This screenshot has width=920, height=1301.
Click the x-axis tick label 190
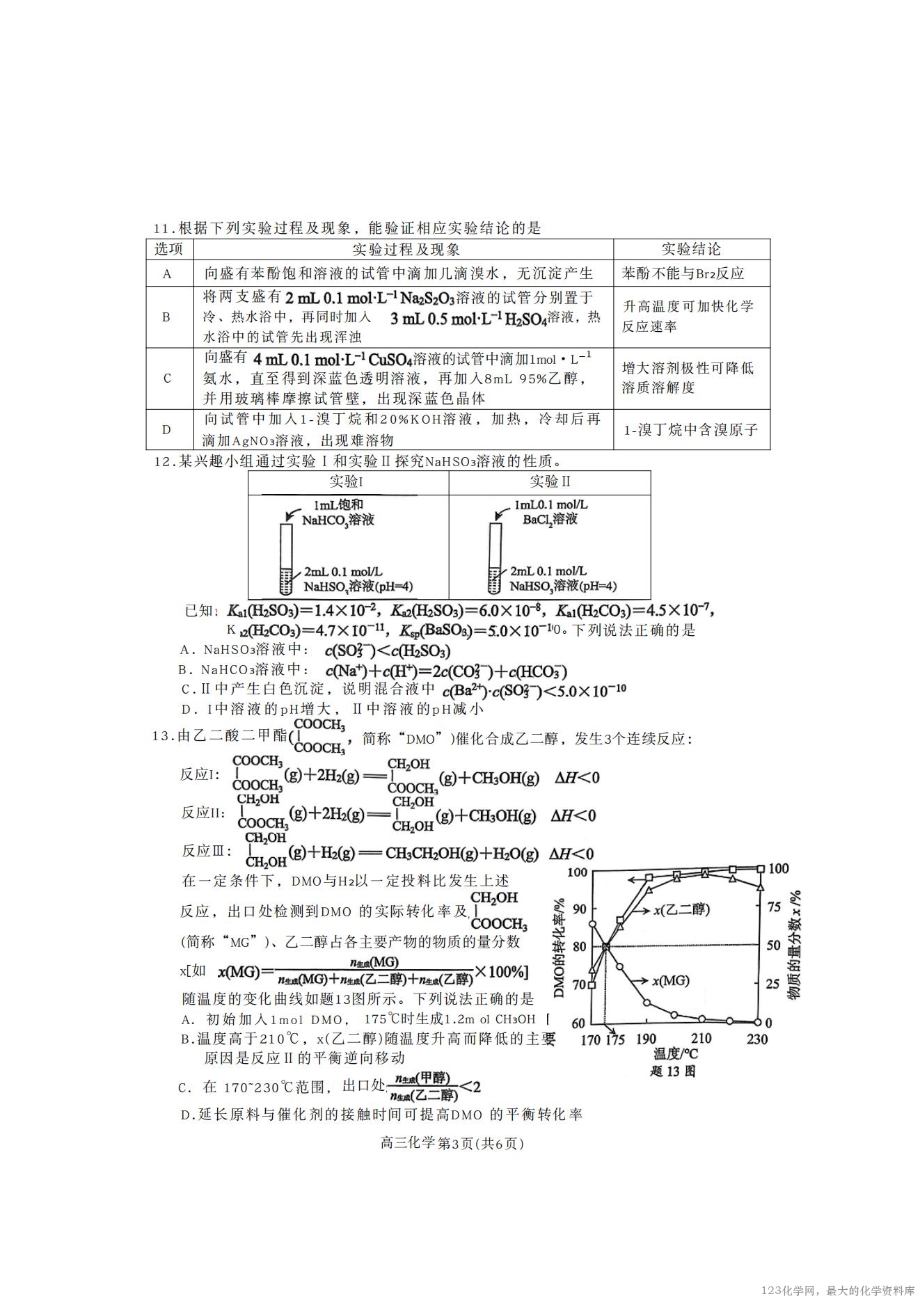[647, 1039]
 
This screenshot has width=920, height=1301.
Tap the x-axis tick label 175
[614, 1039]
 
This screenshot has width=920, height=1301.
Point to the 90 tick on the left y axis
[578, 909]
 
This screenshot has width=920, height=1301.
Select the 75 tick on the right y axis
[773, 907]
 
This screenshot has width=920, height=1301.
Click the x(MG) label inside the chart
[670, 980]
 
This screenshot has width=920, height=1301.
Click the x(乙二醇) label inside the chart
[681, 909]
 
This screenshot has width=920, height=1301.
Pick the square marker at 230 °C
[761, 868]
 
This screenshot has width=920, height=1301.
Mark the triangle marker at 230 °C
[761, 887]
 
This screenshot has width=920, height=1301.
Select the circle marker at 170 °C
[592, 924]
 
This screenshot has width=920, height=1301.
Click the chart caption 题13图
[672, 1071]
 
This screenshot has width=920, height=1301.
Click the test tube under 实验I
[287, 558]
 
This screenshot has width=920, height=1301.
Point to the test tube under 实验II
[495, 558]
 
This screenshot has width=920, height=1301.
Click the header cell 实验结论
[691, 250]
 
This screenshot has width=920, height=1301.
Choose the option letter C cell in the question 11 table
[167, 378]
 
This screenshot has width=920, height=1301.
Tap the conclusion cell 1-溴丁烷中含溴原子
[690, 430]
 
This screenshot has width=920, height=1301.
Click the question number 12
[161, 461]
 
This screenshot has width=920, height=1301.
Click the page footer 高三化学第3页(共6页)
[452, 1143]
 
